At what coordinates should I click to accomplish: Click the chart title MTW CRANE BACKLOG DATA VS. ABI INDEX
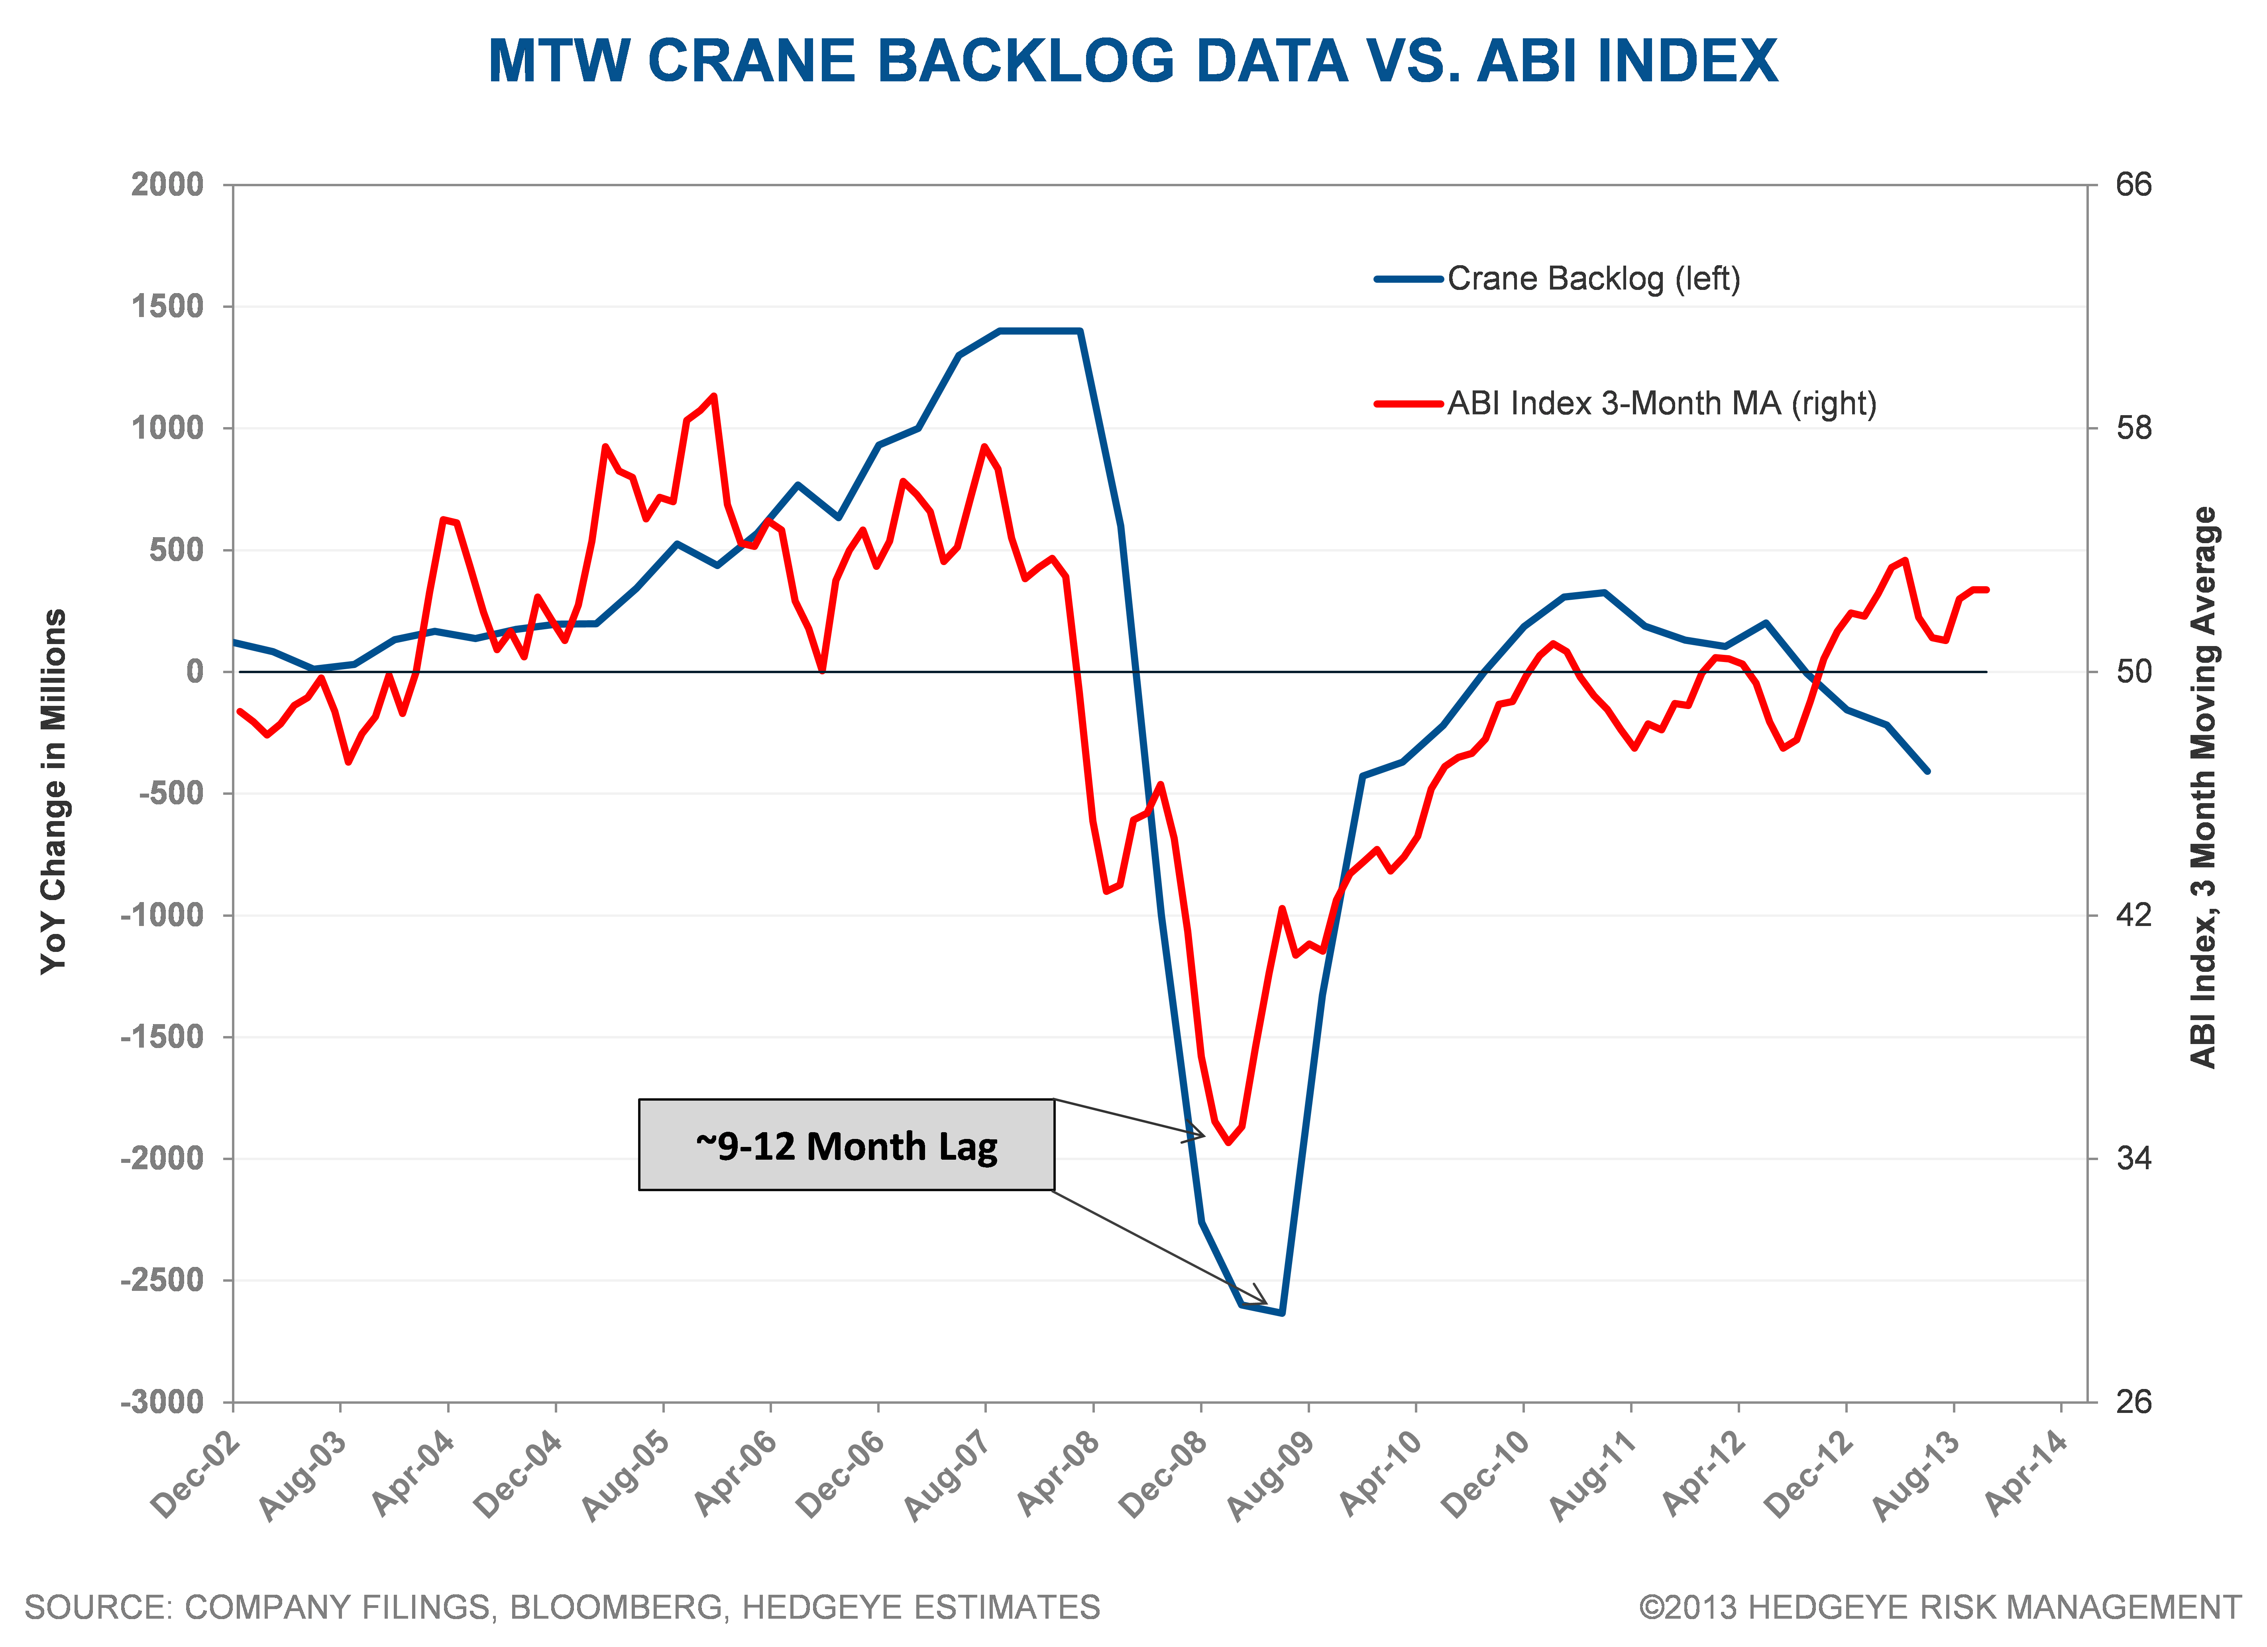pyautogui.click(x=1132, y=62)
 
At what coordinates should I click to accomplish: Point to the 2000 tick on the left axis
pyautogui.click(x=167, y=185)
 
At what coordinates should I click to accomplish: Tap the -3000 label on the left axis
pyautogui.click(x=162, y=1402)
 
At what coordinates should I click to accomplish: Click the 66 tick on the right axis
pyautogui.click(x=2134, y=185)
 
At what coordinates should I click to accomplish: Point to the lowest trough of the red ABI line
pyautogui.click(x=1228, y=1142)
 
